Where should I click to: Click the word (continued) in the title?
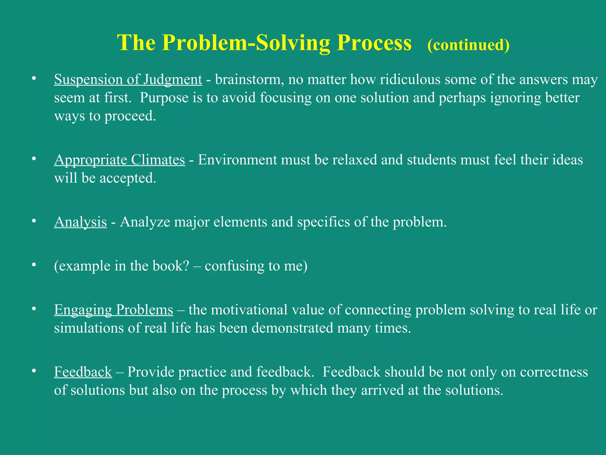coord(468,45)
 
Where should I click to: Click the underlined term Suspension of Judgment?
coord(128,79)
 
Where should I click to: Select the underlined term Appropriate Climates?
coord(119,160)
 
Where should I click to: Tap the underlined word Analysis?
coord(80,222)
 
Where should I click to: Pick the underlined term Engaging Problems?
coord(113,310)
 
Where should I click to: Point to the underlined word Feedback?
coord(83,372)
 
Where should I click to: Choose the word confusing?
coord(234,266)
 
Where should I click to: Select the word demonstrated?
coord(292,328)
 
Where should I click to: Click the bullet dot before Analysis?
coord(34,221)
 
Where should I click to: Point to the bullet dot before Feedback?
coord(34,371)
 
